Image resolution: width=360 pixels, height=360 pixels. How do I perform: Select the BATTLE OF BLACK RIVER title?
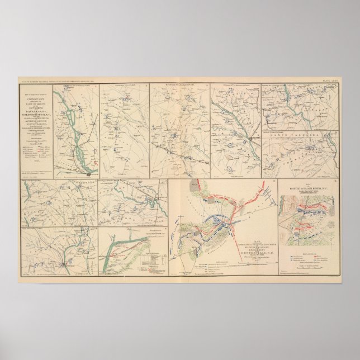click(x=307, y=189)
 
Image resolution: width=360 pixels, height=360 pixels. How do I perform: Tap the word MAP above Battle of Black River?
click(x=307, y=184)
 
